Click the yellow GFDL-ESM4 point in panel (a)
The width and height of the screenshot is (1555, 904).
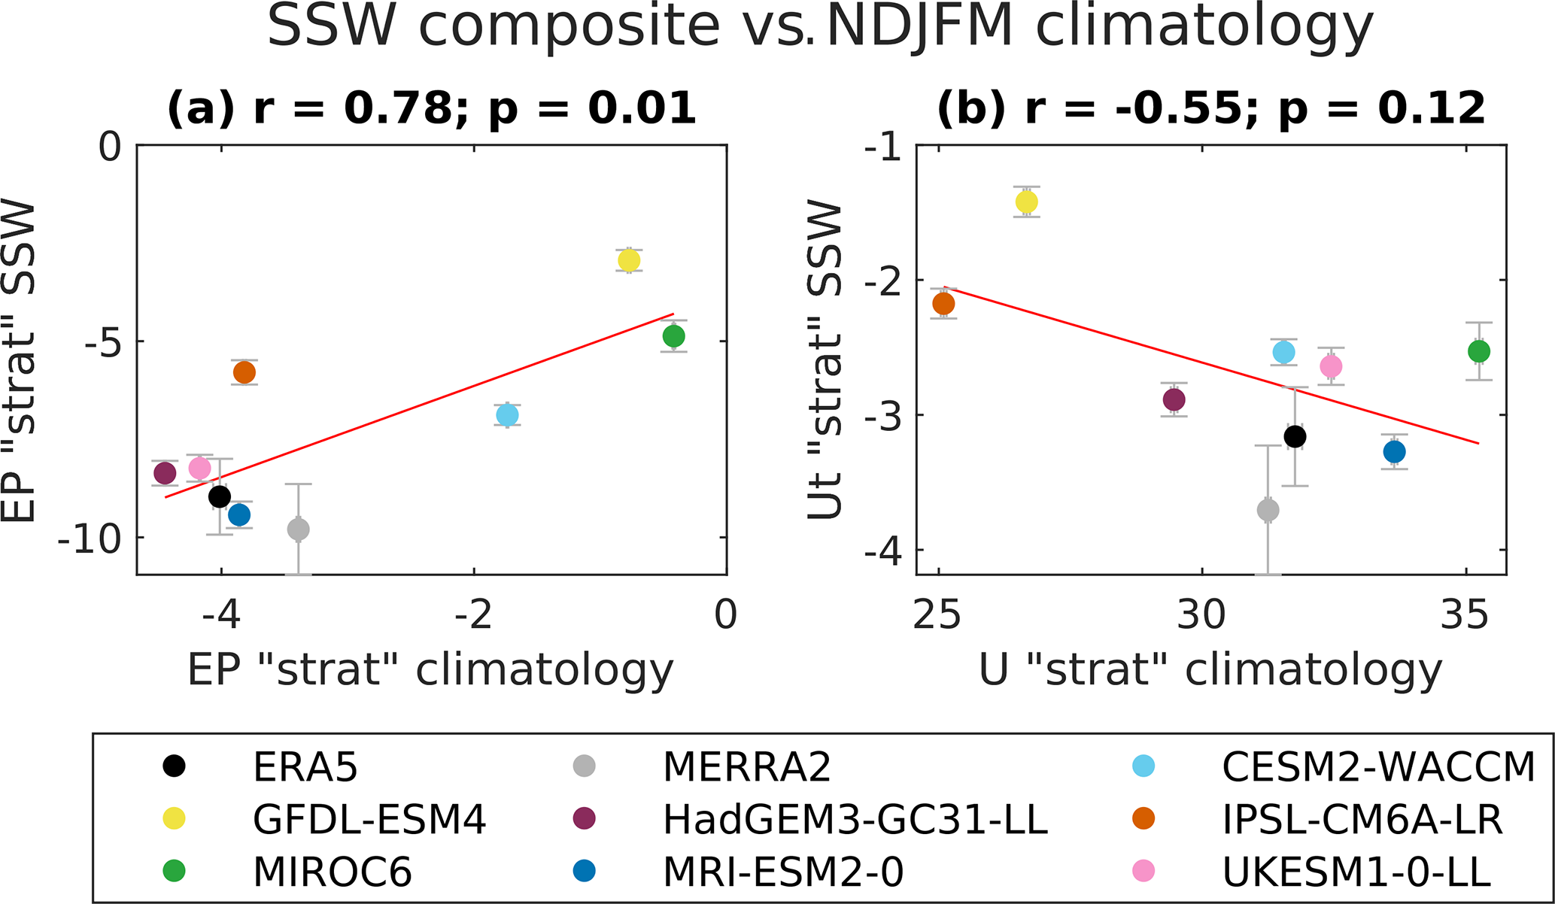pos(629,260)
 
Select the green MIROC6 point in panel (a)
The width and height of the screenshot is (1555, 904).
pos(673,336)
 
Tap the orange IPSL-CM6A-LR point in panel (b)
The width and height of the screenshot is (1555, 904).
pos(943,304)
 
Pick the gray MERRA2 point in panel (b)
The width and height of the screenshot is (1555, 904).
pos(1268,510)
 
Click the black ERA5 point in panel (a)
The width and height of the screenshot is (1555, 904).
pos(220,496)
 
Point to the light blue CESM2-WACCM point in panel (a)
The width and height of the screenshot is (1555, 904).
pos(507,414)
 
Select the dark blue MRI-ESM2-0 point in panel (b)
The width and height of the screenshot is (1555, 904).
pos(1394,452)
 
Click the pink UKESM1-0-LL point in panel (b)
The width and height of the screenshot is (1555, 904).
pos(1331,366)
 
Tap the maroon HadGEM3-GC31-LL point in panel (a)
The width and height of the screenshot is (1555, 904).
pos(165,473)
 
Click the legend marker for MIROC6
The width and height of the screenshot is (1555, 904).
pos(175,872)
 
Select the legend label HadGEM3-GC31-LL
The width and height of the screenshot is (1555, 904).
pos(855,820)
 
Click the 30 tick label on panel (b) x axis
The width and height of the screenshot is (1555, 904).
pos(1201,615)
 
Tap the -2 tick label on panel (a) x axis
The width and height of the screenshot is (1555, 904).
pos(473,615)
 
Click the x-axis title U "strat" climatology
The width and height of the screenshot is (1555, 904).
pos(1210,669)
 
